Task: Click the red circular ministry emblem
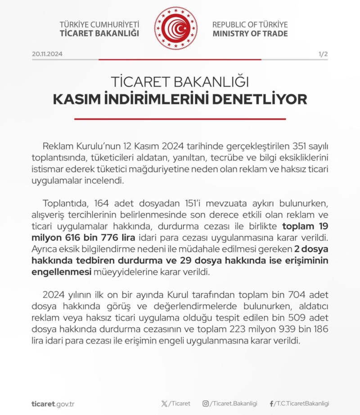coord(175,28)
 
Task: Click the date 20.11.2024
coord(47,54)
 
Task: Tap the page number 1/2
coord(323,54)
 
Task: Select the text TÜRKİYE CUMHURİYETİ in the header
coord(99,24)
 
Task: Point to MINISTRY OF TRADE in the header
coord(250,34)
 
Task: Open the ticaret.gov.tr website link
coord(53,404)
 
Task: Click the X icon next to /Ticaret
coord(164,404)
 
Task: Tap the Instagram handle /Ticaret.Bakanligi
coord(233,404)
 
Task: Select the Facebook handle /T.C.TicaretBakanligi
coord(302,404)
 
